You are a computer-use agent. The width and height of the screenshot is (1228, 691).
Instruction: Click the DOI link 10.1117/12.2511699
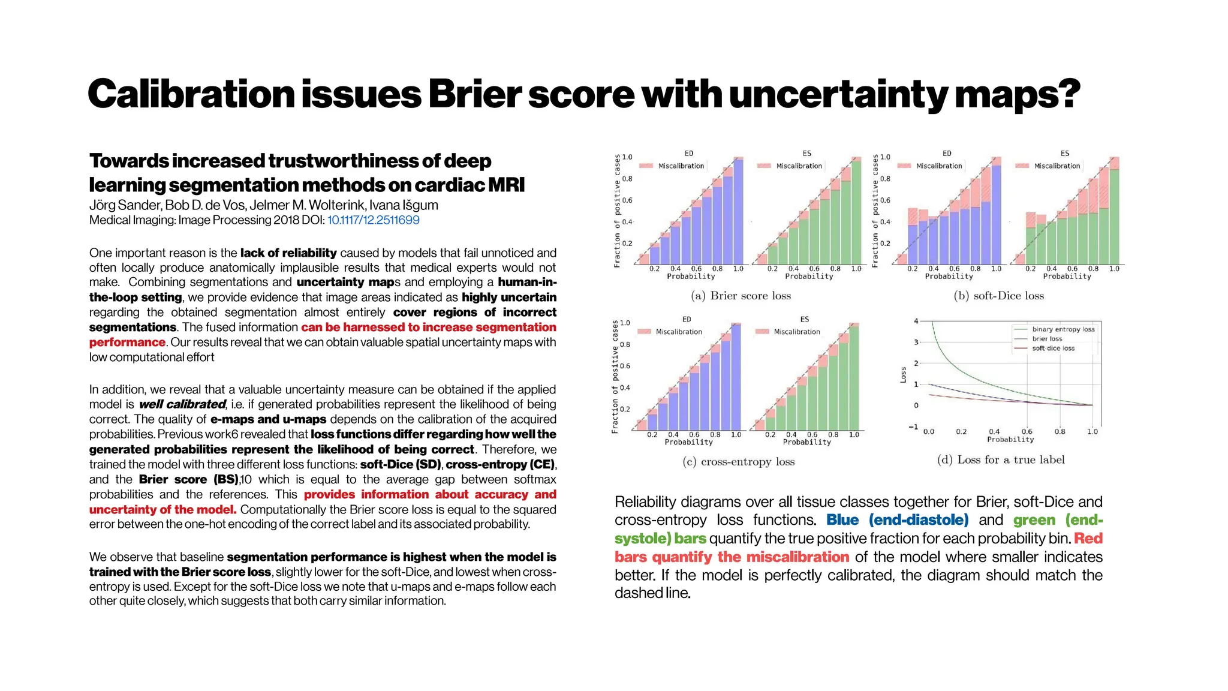point(373,220)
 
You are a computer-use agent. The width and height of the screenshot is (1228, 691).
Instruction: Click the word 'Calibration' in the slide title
point(191,95)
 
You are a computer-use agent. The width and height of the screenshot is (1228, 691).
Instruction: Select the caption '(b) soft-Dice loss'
point(998,296)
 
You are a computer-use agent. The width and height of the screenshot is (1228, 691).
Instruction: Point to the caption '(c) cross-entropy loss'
point(738,462)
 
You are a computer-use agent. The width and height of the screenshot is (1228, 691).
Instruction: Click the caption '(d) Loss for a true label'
point(1001,460)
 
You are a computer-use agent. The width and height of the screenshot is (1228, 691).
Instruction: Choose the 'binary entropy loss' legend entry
point(1063,329)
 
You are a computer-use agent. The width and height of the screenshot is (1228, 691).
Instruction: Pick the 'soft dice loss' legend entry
point(1053,348)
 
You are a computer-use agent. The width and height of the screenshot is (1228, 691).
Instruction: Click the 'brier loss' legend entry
point(1047,339)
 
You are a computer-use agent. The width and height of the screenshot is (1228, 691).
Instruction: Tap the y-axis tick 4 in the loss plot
point(916,322)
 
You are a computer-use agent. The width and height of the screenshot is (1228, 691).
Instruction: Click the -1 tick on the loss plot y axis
point(913,427)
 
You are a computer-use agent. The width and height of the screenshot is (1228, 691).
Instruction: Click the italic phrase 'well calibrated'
point(182,404)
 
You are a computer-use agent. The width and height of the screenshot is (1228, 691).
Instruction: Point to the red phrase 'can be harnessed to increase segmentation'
point(428,328)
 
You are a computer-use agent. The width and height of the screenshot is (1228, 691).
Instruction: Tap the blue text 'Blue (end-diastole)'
point(897,520)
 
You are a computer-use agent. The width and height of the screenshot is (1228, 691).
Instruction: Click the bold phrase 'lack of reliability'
point(288,253)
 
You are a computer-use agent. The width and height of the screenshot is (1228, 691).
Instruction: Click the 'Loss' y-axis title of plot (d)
point(903,375)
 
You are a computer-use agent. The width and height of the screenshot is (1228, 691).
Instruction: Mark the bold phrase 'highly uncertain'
point(508,298)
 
